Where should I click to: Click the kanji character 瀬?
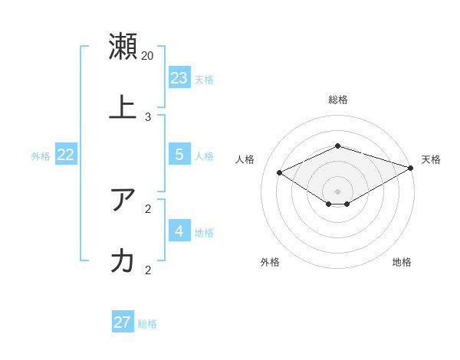123,46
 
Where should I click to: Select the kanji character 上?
123,107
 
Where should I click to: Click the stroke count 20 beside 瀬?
148,55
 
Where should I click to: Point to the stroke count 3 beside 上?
148,116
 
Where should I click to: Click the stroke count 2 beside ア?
148,208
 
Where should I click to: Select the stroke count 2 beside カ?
148,270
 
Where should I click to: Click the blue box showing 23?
179,77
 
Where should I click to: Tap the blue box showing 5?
179,154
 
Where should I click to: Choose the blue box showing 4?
179,231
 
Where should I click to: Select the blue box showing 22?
66,154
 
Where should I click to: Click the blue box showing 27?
123,322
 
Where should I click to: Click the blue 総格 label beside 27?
147,324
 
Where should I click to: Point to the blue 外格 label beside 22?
41,156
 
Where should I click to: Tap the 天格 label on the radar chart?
431,159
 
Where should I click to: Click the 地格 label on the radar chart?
402,262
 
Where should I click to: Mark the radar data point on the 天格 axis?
412,168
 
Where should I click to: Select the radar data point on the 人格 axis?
280,173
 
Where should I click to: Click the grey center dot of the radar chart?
338,191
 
